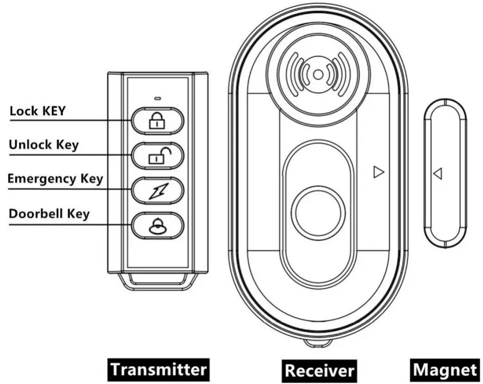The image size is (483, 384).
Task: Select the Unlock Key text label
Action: [44, 144]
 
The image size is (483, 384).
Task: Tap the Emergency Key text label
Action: [55, 178]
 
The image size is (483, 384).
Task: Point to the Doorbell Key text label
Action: [49, 214]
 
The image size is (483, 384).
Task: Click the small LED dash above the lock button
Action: [157, 98]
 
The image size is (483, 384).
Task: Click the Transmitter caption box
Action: [159, 368]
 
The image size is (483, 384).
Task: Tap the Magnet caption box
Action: [445, 369]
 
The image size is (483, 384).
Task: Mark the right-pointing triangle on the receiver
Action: [377, 172]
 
